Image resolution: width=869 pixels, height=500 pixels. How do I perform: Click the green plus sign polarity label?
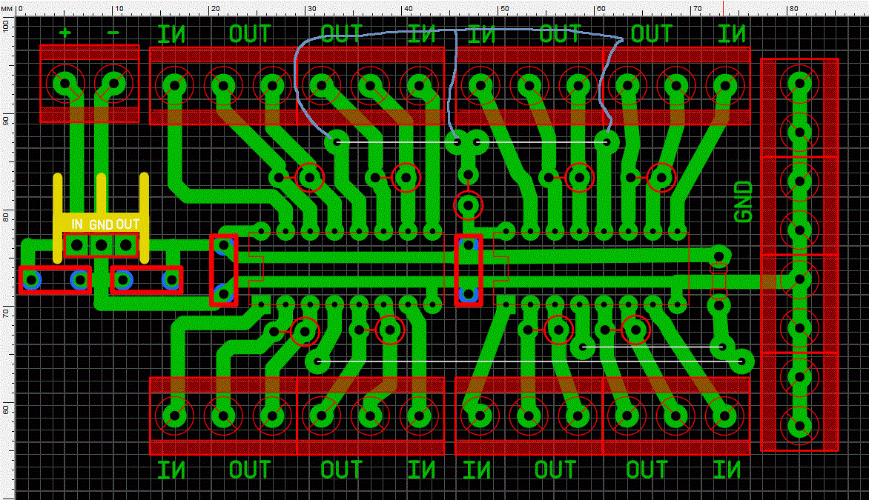65,33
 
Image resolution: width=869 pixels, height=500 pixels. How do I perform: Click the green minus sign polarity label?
113,33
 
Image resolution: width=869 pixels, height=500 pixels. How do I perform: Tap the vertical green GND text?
743,202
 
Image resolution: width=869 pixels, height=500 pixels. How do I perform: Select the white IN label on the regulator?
76,224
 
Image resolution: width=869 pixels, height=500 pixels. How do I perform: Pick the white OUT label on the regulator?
128,224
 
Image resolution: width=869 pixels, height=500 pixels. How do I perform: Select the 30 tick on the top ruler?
310,8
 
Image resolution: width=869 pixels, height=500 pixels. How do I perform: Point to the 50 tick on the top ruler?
503,8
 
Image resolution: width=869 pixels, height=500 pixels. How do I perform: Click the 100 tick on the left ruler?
7,24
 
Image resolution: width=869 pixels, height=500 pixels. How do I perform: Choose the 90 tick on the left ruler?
7,121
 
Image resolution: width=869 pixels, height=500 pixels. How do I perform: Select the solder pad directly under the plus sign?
65,83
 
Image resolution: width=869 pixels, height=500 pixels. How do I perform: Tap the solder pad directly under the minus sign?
113,83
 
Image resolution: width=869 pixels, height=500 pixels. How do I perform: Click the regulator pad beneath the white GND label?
101,244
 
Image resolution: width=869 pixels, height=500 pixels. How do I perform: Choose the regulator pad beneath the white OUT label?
126,244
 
